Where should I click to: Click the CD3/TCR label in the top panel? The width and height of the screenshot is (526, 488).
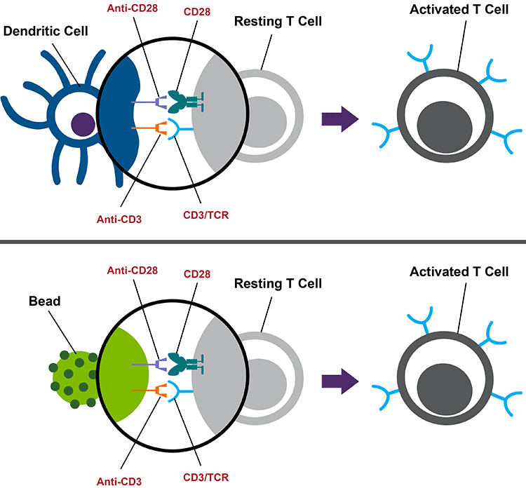click(206, 213)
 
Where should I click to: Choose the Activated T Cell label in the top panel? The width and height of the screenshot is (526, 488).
click(458, 11)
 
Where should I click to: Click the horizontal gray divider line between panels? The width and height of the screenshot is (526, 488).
click(263, 241)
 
